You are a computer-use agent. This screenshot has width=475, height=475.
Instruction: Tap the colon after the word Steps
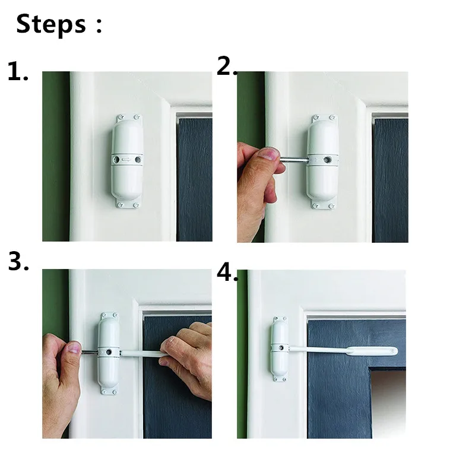tap(98, 26)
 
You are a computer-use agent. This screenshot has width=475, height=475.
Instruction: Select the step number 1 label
tap(18, 71)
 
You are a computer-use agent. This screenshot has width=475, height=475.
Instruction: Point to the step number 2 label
tap(226, 66)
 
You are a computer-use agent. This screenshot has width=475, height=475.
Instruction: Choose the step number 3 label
tap(18, 262)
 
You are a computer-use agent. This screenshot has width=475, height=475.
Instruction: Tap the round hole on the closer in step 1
tap(138, 160)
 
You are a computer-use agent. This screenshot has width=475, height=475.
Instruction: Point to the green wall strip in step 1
tap(55, 154)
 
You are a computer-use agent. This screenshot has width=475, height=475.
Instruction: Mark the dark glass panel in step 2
tap(390, 178)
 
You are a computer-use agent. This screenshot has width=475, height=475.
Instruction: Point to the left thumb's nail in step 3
tap(73, 347)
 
